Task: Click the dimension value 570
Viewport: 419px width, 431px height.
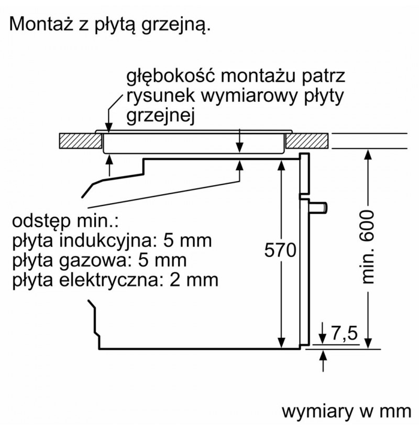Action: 280,250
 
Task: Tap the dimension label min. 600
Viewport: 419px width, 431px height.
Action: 368,247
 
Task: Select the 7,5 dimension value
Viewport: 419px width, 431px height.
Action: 344,333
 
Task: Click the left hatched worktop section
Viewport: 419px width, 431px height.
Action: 81,141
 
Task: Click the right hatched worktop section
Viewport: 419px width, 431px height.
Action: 307,141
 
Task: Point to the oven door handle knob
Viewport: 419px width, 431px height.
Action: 318,207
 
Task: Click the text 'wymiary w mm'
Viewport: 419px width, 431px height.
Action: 346,412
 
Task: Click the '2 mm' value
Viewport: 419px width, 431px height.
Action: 194,280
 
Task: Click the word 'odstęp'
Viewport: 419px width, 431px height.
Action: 41,222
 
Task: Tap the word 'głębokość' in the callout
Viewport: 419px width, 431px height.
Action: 170,76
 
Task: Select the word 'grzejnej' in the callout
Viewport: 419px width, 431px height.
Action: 160,116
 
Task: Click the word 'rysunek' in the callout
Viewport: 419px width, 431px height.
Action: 161,96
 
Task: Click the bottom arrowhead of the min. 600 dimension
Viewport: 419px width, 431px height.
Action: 368,344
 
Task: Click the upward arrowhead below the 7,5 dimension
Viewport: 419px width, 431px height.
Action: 324,355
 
